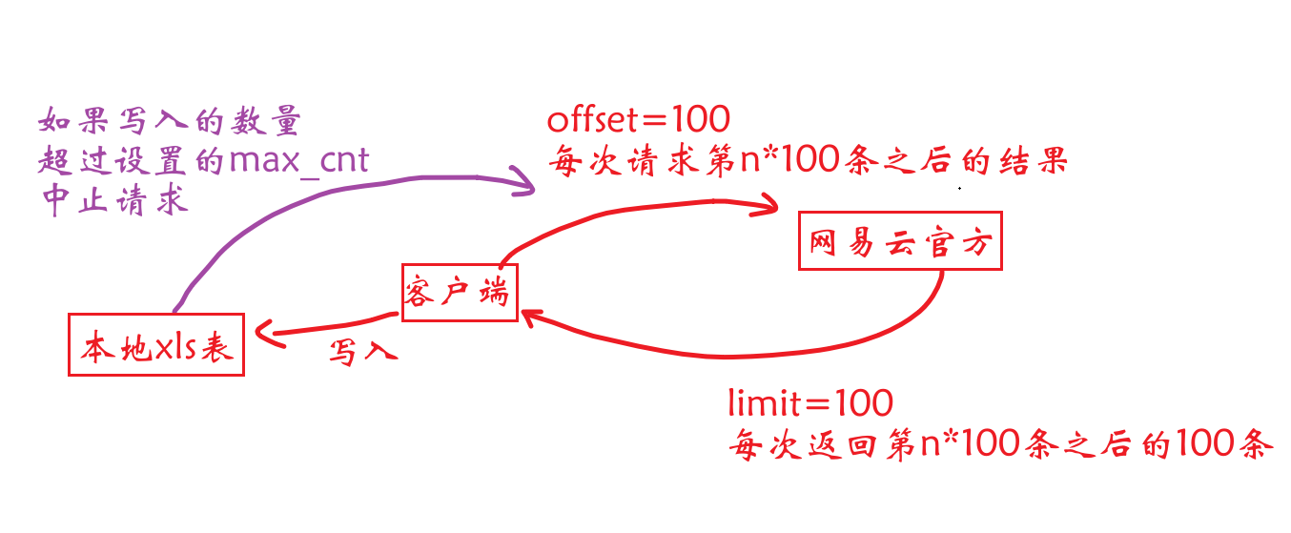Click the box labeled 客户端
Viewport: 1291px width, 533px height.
456,293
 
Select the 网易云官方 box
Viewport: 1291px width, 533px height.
900,241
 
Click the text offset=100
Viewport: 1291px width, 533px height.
638,120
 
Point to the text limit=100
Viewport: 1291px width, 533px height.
809,402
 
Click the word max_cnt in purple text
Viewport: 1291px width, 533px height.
298,159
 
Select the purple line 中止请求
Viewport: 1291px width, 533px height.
113,201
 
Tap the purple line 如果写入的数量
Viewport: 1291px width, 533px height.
170,120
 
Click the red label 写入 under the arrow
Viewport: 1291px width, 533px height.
361,352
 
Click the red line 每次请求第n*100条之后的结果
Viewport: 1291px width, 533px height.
806,161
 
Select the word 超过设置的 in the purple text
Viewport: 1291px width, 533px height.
133,160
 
